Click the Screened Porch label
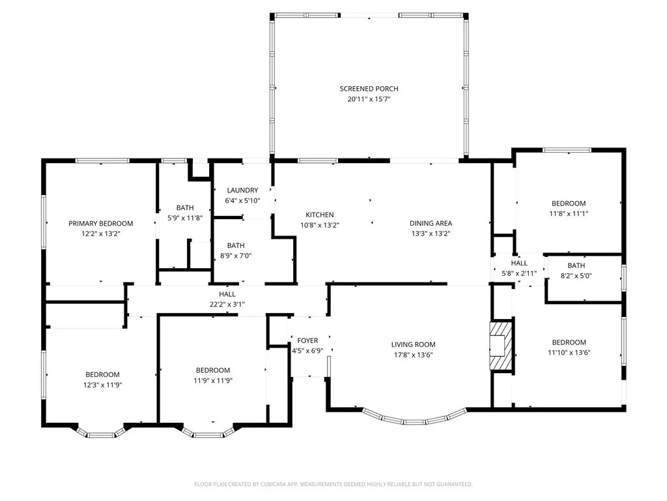tap(369, 89)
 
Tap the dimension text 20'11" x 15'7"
tap(369, 99)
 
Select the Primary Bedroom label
tap(101, 223)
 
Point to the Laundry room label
tap(243, 190)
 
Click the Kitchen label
tap(320, 215)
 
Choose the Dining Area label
tap(431, 223)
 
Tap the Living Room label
tap(413, 344)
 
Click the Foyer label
tap(307, 341)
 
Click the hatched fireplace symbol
tap(502, 345)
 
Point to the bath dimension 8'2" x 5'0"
tap(576, 275)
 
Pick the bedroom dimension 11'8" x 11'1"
tap(569, 213)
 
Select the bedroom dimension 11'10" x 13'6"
tap(569, 352)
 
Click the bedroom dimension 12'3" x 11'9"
tap(102, 384)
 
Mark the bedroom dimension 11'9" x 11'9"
tap(213, 380)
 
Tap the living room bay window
tap(414, 417)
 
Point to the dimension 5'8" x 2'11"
tap(519, 273)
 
